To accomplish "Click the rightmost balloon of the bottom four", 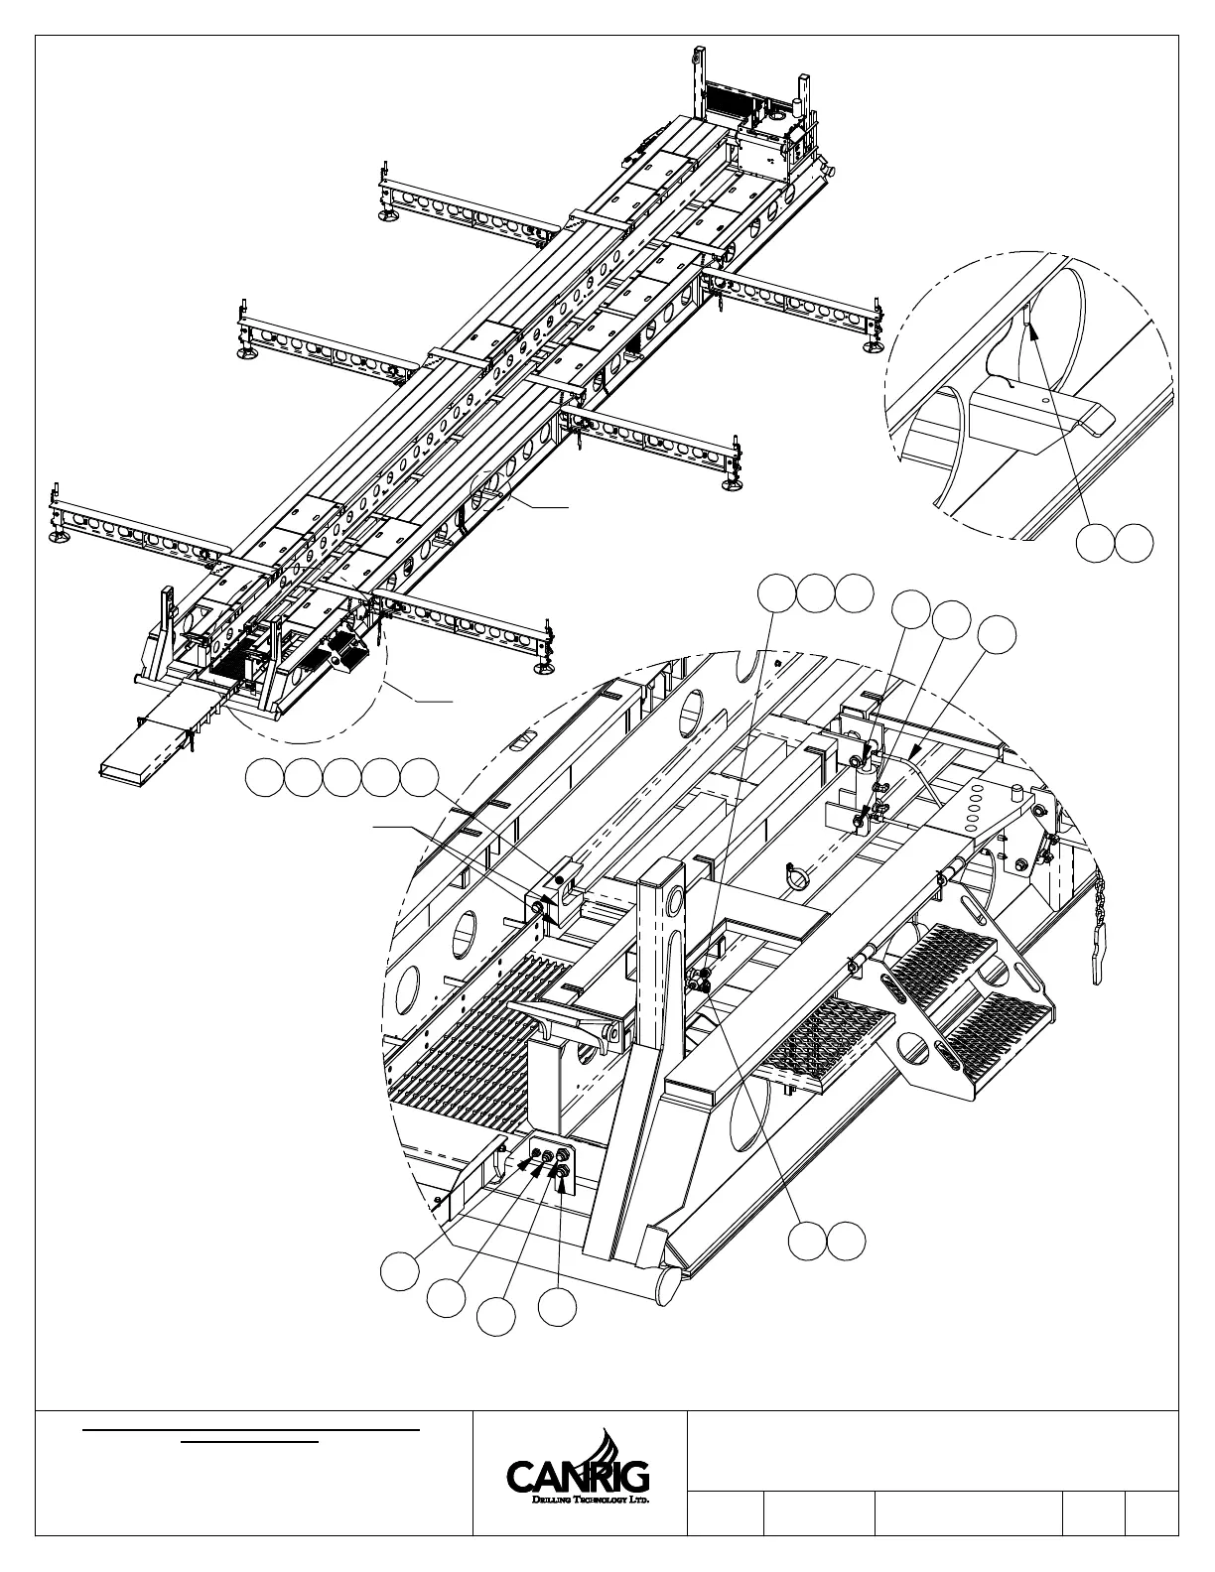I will click(558, 1307).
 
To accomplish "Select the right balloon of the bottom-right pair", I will click(847, 1242).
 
